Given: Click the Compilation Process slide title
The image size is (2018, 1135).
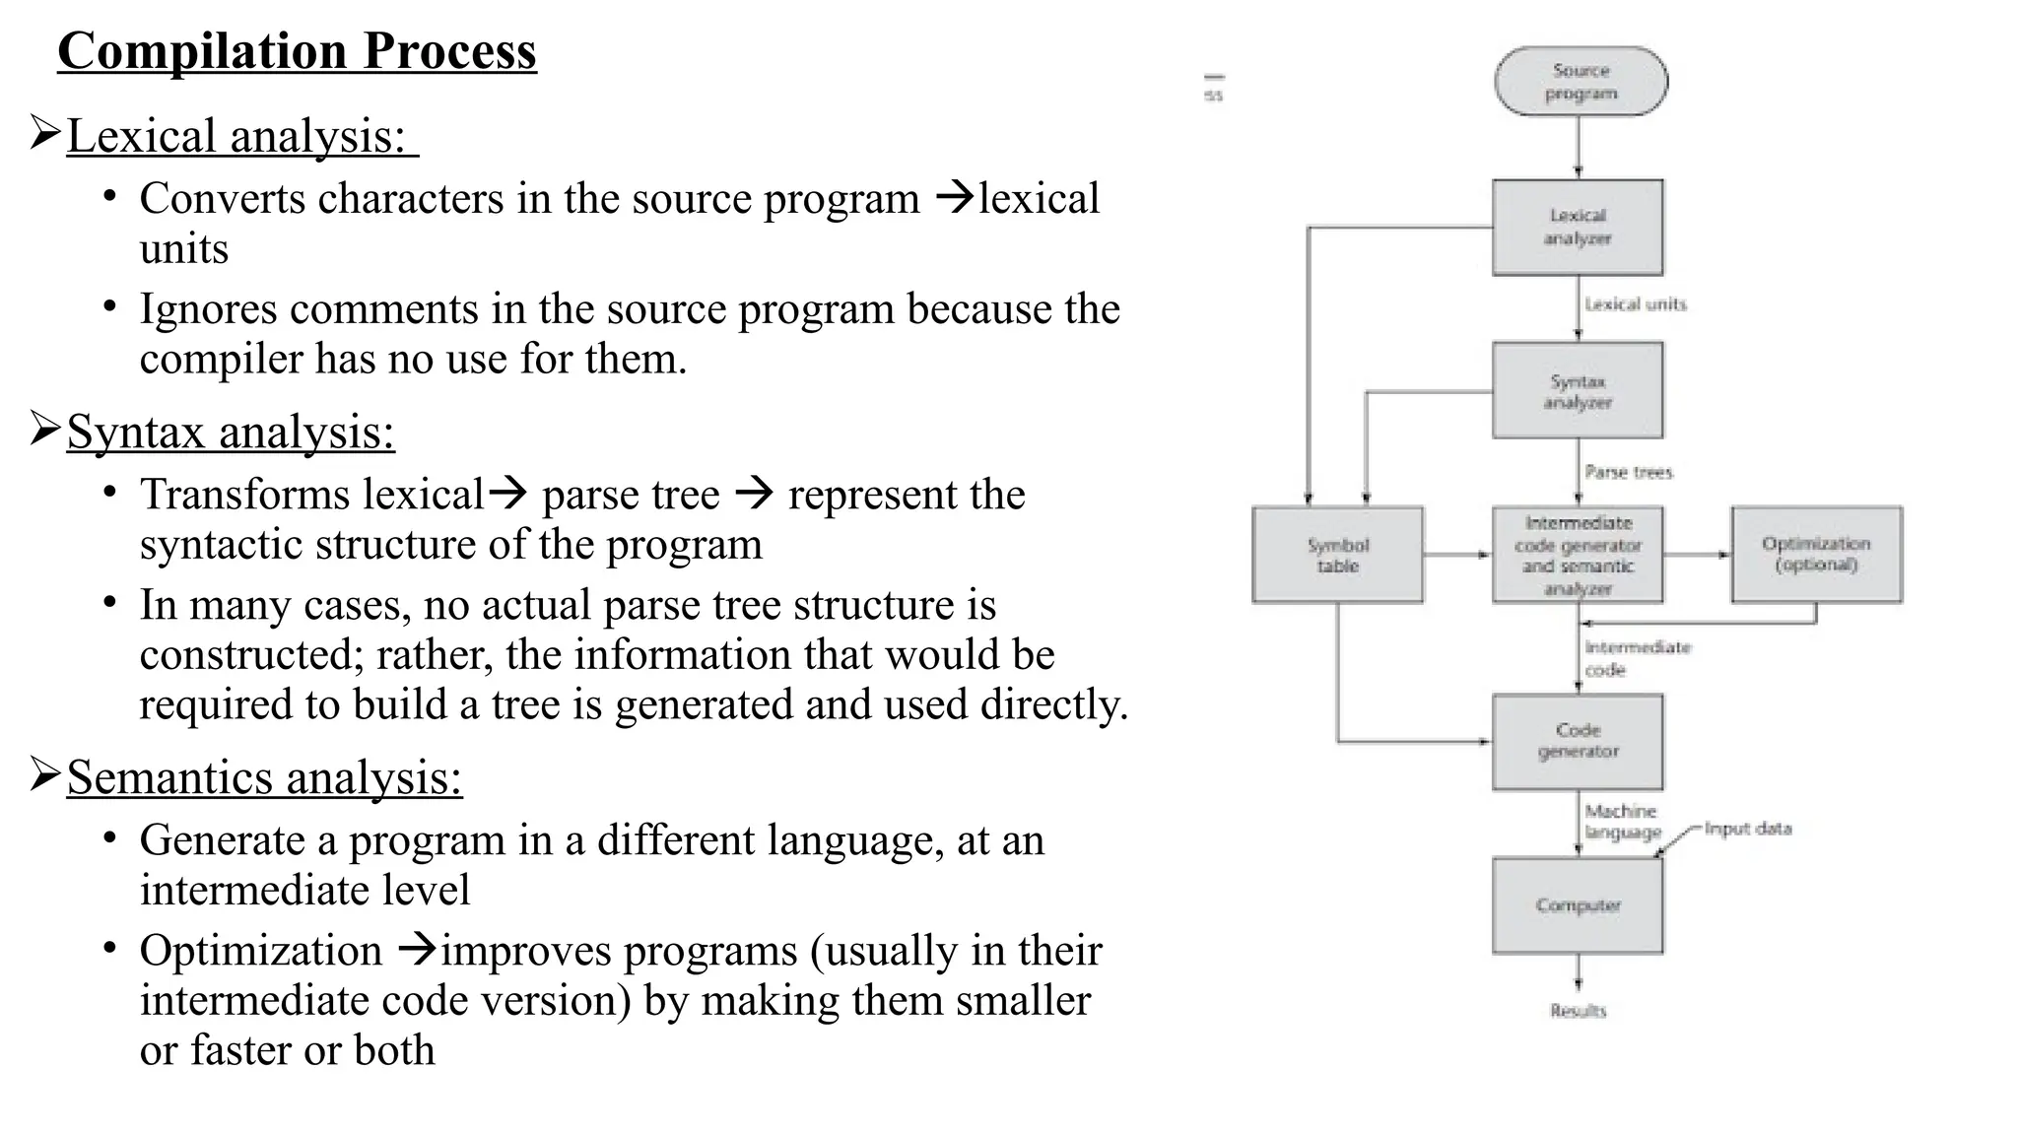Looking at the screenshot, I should tap(297, 51).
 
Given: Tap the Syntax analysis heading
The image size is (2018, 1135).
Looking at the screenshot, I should tap(231, 432).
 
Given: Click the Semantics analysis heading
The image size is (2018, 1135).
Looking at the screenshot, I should tap(264, 777).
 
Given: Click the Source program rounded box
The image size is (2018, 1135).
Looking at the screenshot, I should tap(1581, 82).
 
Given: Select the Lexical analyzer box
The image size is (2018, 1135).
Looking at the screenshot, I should tap(1578, 228).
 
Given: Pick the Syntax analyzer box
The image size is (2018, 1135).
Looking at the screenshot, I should tap(1578, 391).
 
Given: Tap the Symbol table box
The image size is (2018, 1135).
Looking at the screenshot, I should tap(1337, 556).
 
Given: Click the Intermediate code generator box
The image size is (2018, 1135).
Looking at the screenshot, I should tap(1578, 556).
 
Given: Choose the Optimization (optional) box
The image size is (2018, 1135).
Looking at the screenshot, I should tap(1816, 555).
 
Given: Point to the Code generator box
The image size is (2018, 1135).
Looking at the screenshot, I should tap(1578, 741).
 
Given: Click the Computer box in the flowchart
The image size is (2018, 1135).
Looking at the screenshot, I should tap(1578, 905).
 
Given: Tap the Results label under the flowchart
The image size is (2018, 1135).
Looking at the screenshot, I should tap(1578, 1011).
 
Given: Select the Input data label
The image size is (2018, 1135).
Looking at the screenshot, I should tap(1747, 829).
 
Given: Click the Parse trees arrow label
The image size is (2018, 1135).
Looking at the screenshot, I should tap(1629, 473).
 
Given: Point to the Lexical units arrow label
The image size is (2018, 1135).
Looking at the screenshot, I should tap(1636, 304).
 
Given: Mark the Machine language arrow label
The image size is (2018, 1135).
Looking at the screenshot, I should tap(1622, 822).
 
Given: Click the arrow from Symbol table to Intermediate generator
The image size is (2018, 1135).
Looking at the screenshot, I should tap(1457, 556).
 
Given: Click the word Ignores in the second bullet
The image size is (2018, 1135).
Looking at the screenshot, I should tap(208, 309).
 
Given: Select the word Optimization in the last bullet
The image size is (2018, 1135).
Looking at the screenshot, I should tap(260, 951).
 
